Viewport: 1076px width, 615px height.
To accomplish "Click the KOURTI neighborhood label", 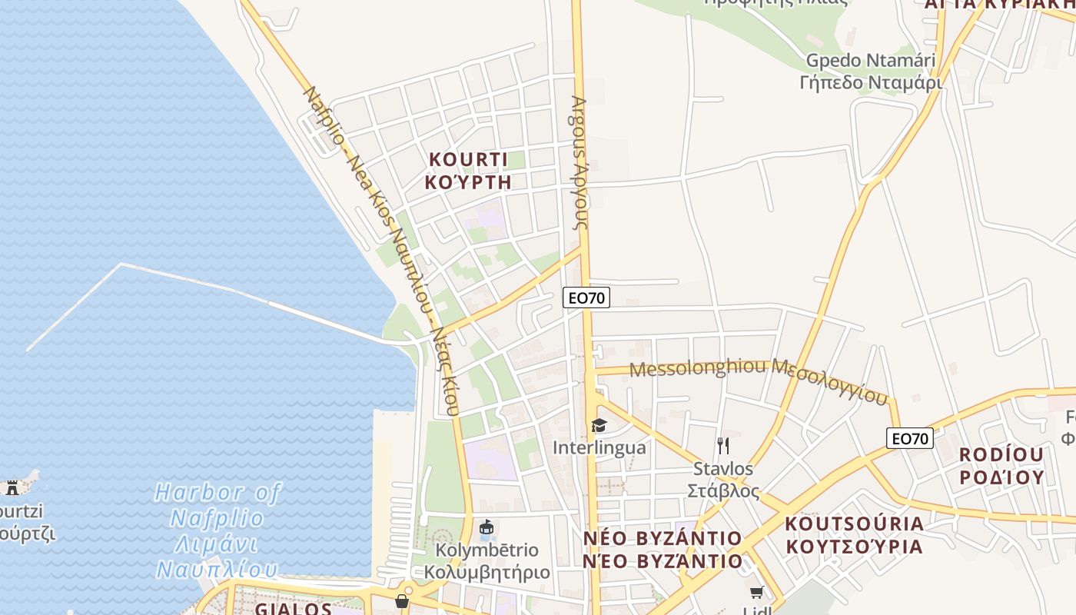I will pyautogui.click(x=468, y=160).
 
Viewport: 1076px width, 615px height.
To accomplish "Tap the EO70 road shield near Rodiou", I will pyautogui.click(x=909, y=439).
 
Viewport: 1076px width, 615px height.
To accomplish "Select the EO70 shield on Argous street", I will pyautogui.click(x=586, y=298).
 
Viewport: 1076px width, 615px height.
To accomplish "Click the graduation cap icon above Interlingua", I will pyautogui.click(x=599, y=425).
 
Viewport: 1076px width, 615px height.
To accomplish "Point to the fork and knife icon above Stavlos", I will pyautogui.click(x=722, y=445).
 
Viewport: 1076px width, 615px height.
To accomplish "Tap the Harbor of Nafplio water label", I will pyautogui.click(x=218, y=530).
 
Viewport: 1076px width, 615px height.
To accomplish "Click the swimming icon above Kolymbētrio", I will pyautogui.click(x=486, y=528).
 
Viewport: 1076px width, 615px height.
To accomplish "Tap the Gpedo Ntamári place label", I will pyautogui.click(x=870, y=71).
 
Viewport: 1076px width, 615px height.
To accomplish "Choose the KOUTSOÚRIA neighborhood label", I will pyautogui.click(x=853, y=535).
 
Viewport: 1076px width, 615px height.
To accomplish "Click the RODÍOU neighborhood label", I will pyautogui.click(x=1001, y=466).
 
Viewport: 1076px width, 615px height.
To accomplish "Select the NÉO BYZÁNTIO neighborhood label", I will pyautogui.click(x=662, y=549).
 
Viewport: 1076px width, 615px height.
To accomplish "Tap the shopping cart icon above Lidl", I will pyautogui.click(x=757, y=592).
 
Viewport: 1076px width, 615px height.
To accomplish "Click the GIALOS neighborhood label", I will pyautogui.click(x=293, y=609).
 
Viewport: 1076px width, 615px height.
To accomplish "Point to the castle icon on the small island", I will pyautogui.click(x=12, y=487).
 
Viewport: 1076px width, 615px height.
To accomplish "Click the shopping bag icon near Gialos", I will pyautogui.click(x=402, y=600).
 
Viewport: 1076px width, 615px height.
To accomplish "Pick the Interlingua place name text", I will pyautogui.click(x=599, y=447).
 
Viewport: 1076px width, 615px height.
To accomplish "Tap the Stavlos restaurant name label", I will pyautogui.click(x=723, y=479).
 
